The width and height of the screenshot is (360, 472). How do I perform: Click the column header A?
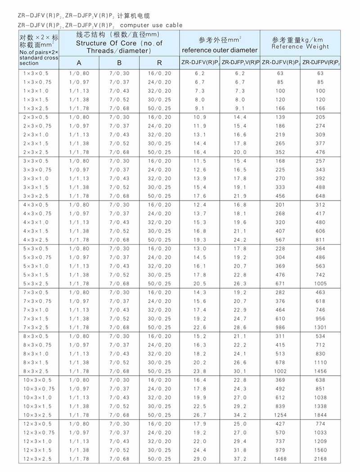(79, 63)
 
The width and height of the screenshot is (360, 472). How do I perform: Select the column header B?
(119, 63)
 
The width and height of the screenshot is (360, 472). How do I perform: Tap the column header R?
(159, 63)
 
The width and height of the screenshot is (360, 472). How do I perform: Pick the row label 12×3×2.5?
(37, 459)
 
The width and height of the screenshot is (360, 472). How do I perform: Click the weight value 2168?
(320, 459)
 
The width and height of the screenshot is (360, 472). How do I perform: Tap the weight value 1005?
(320, 284)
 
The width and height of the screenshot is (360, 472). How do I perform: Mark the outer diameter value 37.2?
(240, 459)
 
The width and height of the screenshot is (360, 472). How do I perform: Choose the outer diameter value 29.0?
(200, 459)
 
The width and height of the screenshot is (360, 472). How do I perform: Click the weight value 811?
(320, 240)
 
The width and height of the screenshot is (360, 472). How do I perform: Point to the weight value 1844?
(320, 415)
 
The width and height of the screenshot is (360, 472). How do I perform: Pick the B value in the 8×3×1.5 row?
(119, 363)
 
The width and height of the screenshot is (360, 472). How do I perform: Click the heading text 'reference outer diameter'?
(220, 50)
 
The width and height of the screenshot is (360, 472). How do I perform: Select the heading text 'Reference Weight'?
(300, 46)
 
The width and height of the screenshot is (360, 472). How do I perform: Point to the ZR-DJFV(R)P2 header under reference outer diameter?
(200, 62)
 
